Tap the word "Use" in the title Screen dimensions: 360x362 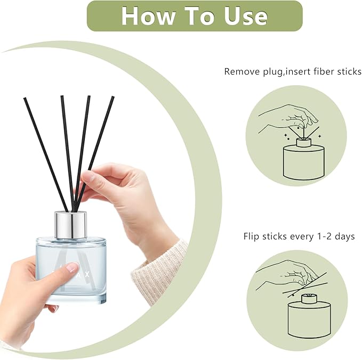[x=243, y=15]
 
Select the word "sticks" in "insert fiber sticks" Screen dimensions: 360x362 [x=346, y=71]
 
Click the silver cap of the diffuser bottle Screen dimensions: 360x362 [x=71, y=224]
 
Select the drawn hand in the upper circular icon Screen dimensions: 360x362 [x=291, y=114]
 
